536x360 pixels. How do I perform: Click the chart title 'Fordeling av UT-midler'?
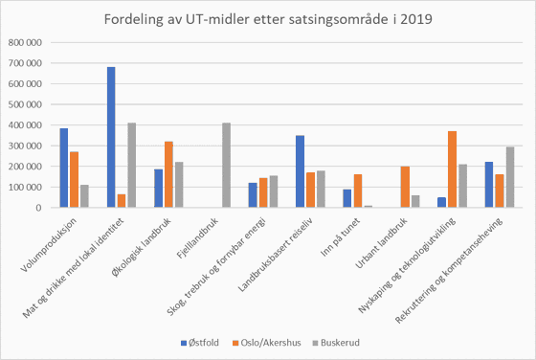(x=267, y=21)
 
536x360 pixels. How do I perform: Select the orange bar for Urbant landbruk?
(x=405, y=187)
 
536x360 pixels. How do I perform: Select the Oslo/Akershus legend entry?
(x=269, y=341)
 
